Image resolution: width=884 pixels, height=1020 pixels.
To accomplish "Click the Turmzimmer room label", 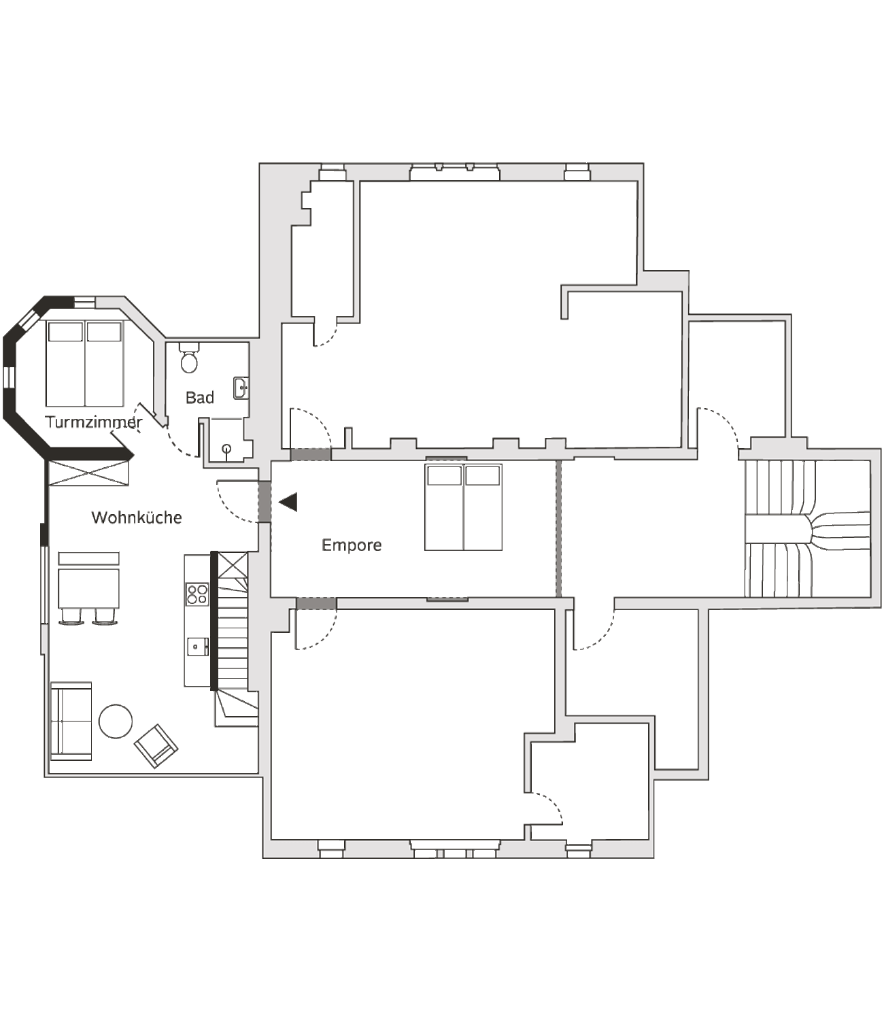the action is tap(93, 422).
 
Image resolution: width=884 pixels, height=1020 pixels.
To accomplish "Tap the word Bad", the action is tap(200, 397).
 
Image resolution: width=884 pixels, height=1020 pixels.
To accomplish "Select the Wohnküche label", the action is tap(137, 517).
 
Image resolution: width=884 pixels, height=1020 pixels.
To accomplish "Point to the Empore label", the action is tap(352, 545).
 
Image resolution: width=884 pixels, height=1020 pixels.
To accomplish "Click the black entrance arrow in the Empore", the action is tap(288, 502).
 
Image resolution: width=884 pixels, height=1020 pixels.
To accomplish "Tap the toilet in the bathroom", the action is tap(189, 357).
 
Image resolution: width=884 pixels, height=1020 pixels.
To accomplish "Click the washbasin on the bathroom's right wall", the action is tap(241, 388).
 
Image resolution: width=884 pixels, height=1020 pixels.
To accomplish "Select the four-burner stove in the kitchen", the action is tap(197, 594).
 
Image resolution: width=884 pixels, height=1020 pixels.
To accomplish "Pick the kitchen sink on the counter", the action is tap(197, 647).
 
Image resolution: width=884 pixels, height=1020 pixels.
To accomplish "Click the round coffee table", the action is tap(116, 721).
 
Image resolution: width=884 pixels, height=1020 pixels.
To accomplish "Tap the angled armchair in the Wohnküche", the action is tap(156, 746).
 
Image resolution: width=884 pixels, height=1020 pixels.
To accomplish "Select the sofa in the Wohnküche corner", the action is tap(71, 721).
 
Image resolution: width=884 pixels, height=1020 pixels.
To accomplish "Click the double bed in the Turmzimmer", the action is tap(84, 364).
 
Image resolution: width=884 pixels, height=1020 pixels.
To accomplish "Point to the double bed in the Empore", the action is tap(463, 507).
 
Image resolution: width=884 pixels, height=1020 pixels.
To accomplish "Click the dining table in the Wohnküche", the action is tap(88, 589).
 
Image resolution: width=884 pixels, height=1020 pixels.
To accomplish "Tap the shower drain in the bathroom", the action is tap(226, 448).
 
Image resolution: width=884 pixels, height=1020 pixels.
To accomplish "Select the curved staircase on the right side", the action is tap(807, 528).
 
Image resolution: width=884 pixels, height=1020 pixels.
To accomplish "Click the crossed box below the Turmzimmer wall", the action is tap(89, 473).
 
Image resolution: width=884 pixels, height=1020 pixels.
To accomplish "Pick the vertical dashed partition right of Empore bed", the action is tap(559, 528).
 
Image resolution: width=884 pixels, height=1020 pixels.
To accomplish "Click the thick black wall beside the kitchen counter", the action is tap(214, 621).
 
